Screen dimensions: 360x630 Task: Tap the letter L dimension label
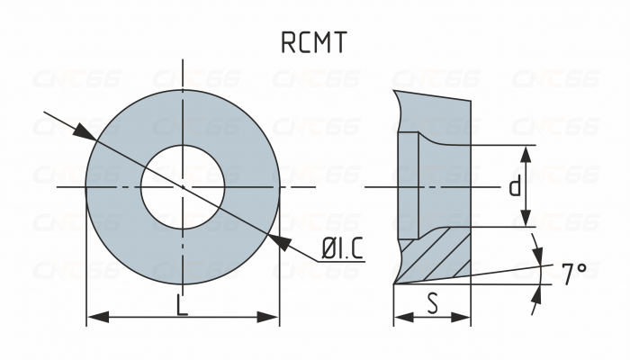pos(182,306)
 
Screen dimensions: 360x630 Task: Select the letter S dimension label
pos(433,304)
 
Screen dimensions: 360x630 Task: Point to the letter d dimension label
pos(514,186)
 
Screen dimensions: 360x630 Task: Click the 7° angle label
pos(573,274)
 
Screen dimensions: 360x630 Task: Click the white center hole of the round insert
pos(183,186)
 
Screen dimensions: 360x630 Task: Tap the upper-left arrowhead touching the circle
pos(84,132)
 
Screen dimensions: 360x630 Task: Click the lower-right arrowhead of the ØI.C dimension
pos(281,240)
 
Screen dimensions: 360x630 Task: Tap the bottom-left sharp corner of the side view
pos(394,283)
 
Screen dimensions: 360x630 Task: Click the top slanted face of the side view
pos(432,94)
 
